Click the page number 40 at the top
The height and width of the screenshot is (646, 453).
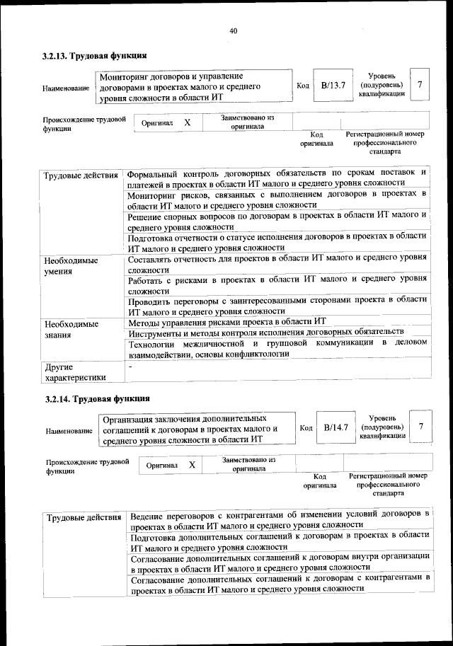point(234,30)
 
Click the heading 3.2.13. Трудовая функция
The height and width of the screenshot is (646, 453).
point(94,55)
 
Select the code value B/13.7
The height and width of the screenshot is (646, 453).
point(332,86)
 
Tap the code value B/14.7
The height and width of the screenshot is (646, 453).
point(336,427)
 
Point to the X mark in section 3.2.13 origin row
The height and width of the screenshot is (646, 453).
point(188,122)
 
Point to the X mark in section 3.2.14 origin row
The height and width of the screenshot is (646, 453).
point(191,465)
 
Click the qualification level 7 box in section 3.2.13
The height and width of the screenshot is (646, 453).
point(420,85)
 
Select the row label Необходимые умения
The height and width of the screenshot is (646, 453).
point(70,265)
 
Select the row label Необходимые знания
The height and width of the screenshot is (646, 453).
point(70,330)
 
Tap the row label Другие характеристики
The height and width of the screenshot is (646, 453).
point(74,372)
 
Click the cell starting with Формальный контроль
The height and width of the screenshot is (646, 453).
point(277,178)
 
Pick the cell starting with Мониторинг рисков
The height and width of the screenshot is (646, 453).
point(277,199)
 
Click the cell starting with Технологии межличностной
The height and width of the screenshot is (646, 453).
point(277,348)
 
